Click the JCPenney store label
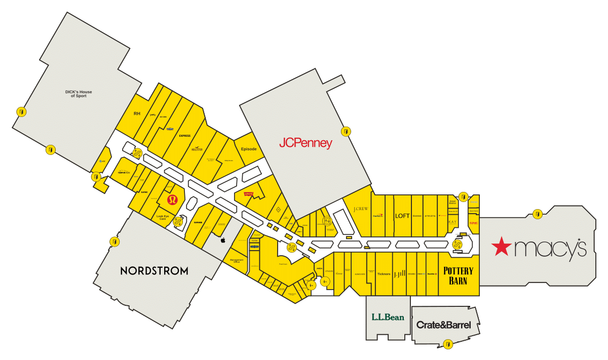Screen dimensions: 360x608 (306, 143)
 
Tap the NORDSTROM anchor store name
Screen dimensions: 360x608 (154, 271)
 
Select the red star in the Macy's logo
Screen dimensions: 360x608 (502, 247)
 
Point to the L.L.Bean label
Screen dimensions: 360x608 (388, 317)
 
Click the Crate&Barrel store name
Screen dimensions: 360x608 (443, 325)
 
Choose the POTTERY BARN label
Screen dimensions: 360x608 (458, 275)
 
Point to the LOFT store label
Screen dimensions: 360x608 (402, 216)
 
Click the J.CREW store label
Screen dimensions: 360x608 (360, 209)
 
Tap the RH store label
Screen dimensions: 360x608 (137, 113)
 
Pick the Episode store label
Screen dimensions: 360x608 (249, 149)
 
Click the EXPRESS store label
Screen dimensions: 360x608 (184, 136)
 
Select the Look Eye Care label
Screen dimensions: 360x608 (163, 217)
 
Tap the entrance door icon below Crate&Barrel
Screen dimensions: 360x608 (447, 345)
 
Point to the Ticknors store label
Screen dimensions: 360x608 (384, 274)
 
